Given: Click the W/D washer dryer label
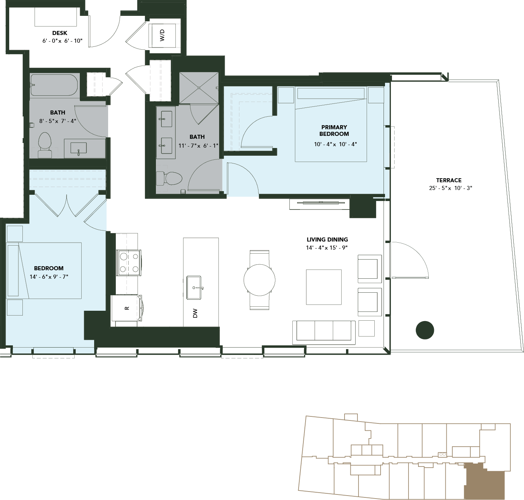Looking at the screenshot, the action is (162, 35).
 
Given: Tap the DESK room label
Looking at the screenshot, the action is (60, 33).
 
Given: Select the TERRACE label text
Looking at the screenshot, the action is (449, 180).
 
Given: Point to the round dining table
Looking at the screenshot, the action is (259, 280).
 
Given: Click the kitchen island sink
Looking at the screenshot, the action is (194, 288).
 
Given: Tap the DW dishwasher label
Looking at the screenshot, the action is (195, 313).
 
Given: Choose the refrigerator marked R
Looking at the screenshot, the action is (126, 308).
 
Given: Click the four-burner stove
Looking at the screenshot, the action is (128, 263).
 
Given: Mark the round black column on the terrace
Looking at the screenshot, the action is (425, 330).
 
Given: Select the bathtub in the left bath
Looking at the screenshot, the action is (54, 85).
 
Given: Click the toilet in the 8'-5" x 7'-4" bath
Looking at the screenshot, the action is (45, 145).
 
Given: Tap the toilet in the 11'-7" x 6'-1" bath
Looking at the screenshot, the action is (169, 178).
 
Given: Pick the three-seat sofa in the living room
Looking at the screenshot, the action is (324, 332).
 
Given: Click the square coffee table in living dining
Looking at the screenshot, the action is (324, 287).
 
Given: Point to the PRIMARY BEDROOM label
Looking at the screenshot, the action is (334, 131).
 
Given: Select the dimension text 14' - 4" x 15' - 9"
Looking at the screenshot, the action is (327, 248).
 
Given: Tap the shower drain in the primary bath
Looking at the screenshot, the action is (199, 88).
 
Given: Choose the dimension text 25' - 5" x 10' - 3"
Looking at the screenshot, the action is (450, 188).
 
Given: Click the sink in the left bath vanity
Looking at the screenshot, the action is (78, 148).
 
